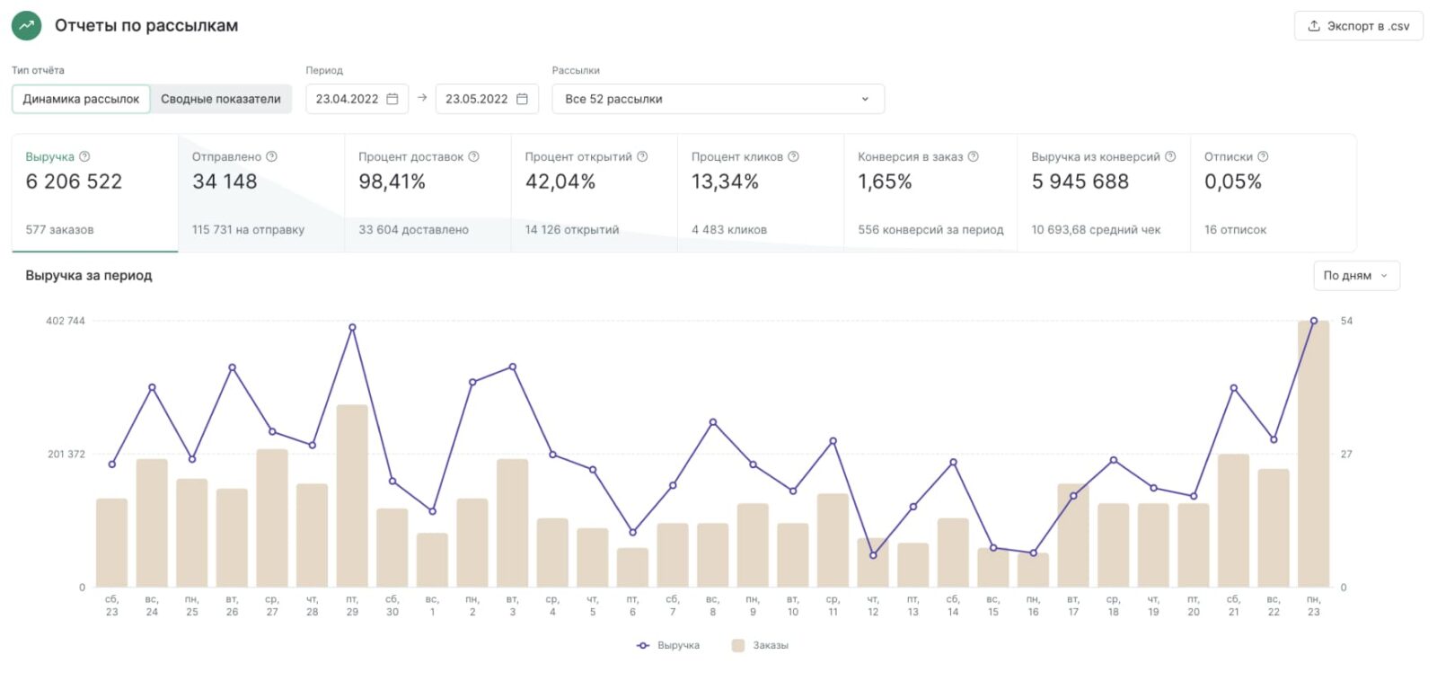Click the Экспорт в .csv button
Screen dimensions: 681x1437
1358,26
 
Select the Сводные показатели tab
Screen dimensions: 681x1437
221,99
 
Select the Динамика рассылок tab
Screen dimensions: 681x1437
81,99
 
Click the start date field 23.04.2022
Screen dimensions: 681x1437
357,99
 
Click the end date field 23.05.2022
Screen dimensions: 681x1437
486,99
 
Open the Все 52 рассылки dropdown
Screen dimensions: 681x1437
718,99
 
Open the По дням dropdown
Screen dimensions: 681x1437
1355,276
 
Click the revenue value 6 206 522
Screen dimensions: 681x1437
74,181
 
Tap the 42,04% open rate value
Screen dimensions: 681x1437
560,181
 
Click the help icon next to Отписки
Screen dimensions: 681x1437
1263,156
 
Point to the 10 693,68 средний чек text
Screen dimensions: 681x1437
1096,230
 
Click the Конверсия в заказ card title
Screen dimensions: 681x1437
910,156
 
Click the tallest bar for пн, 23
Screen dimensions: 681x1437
1313,454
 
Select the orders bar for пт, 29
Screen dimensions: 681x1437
352,496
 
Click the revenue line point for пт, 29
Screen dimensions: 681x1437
352,328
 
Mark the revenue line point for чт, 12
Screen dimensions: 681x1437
873,555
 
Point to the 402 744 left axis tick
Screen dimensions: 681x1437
66,321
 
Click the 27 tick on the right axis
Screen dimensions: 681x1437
1346,454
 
